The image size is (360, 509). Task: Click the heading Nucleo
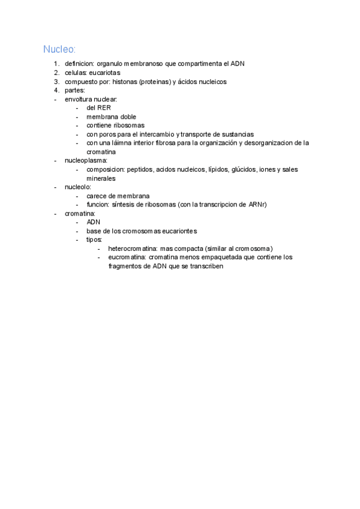[x=59, y=49]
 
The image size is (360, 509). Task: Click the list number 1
[x=55, y=64]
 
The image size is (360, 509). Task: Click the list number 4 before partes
[x=55, y=90]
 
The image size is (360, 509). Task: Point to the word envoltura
[x=79, y=99]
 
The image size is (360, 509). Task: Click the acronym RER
[x=104, y=108]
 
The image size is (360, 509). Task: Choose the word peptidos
[x=140, y=169]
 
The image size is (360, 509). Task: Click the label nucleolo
[x=77, y=187]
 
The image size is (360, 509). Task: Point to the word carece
[x=97, y=196]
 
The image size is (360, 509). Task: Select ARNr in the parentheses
[x=256, y=205]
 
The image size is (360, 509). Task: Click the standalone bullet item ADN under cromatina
[x=94, y=222]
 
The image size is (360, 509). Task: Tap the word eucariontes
[x=177, y=231]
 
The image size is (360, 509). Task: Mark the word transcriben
[x=204, y=267]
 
